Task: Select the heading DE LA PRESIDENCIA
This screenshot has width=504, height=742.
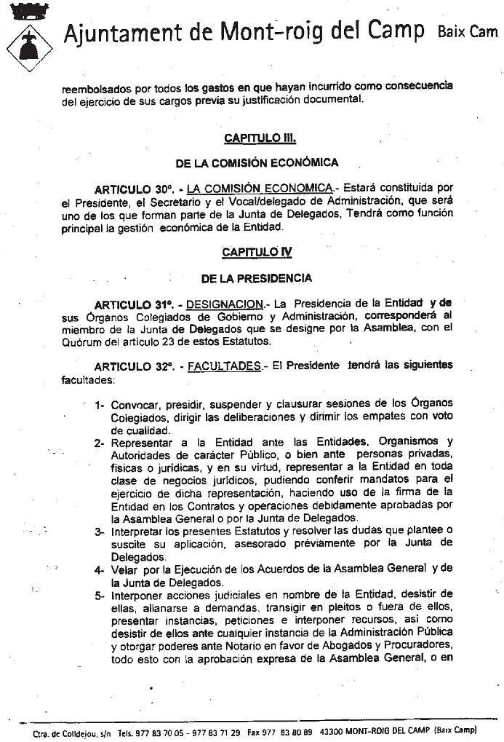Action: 257,277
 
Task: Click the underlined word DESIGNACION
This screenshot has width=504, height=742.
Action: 224,304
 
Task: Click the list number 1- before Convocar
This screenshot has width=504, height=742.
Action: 100,405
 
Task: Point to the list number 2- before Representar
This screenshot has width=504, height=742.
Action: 100,442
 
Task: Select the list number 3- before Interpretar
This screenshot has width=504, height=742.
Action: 100,532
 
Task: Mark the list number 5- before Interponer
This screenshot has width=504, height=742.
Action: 100,594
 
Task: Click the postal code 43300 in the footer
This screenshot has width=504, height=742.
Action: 332,733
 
